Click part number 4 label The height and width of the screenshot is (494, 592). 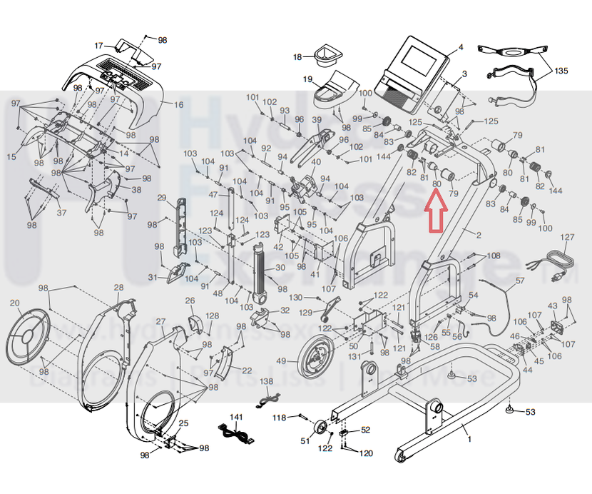pos(460,47)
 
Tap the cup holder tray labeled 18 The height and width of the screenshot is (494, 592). pos(328,53)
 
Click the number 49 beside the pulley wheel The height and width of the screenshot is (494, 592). pos(281,361)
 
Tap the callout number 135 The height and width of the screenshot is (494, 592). pos(561,71)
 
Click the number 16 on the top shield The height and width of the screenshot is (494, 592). pos(178,105)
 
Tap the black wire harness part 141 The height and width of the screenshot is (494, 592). pos(235,433)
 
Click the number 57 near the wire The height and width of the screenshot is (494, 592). pos(519,281)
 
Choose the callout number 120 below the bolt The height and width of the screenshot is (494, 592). pos(365,453)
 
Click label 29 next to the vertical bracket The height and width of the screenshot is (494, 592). pos(162,198)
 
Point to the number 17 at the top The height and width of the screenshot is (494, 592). pos(100,45)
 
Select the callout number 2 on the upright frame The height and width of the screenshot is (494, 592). pos(479,235)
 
